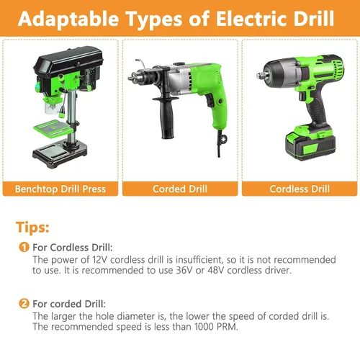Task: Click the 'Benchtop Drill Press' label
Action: (x=60, y=189)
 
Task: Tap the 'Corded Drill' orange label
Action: (x=180, y=189)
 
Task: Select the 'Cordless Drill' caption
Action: (x=300, y=189)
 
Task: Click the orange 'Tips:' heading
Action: (x=32, y=227)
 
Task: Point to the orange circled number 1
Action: (x=24, y=247)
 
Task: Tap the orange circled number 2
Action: (x=24, y=304)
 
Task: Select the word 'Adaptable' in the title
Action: (x=68, y=19)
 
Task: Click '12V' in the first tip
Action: (x=101, y=260)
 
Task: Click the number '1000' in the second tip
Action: (x=204, y=327)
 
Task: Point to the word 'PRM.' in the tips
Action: (x=228, y=327)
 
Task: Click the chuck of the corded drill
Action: (x=142, y=76)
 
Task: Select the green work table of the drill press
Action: (x=53, y=129)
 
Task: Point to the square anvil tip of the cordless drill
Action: (x=261, y=76)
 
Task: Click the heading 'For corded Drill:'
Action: (x=69, y=304)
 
